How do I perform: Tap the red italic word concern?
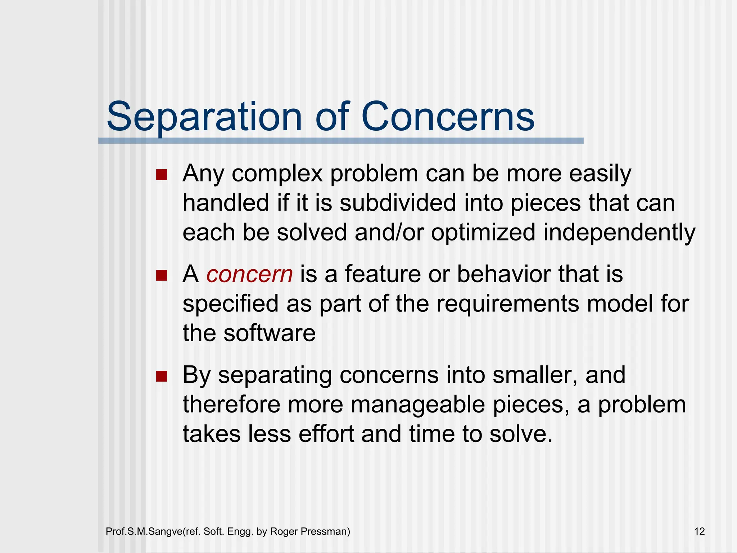(249, 274)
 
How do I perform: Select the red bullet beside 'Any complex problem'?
(162, 175)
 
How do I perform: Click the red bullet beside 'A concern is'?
(162, 276)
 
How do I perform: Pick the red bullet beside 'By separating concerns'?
(162, 376)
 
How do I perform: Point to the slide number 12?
(699, 531)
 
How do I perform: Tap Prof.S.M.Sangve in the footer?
(144, 531)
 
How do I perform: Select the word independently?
(619, 233)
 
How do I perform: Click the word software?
(269, 333)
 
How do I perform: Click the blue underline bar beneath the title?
(341, 141)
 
